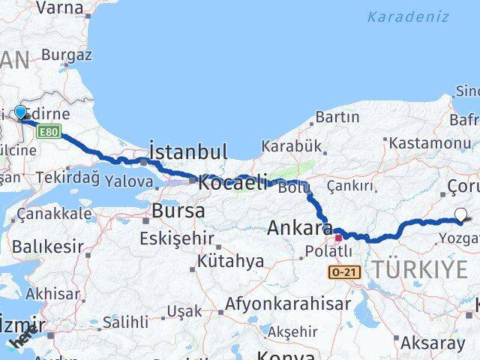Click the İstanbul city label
[188, 151]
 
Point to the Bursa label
[178, 211]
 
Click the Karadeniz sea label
[409, 16]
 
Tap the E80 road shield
[49, 132]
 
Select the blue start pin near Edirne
[20, 113]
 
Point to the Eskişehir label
[177, 239]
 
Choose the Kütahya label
[231, 262]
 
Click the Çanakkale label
[54, 214]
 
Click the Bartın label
[337, 117]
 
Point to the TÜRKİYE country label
[425, 268]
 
